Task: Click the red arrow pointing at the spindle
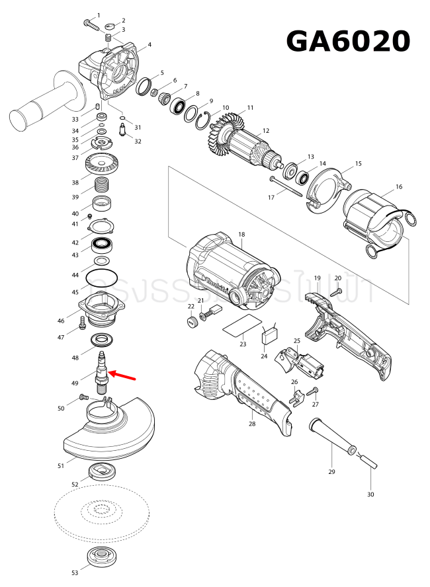coord(122,376)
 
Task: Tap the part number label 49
coord(75,383)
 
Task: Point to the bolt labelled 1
coord(91,23)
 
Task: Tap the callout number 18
coord(241,235)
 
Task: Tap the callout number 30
coord(370,494)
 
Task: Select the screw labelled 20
coord(336,290)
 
